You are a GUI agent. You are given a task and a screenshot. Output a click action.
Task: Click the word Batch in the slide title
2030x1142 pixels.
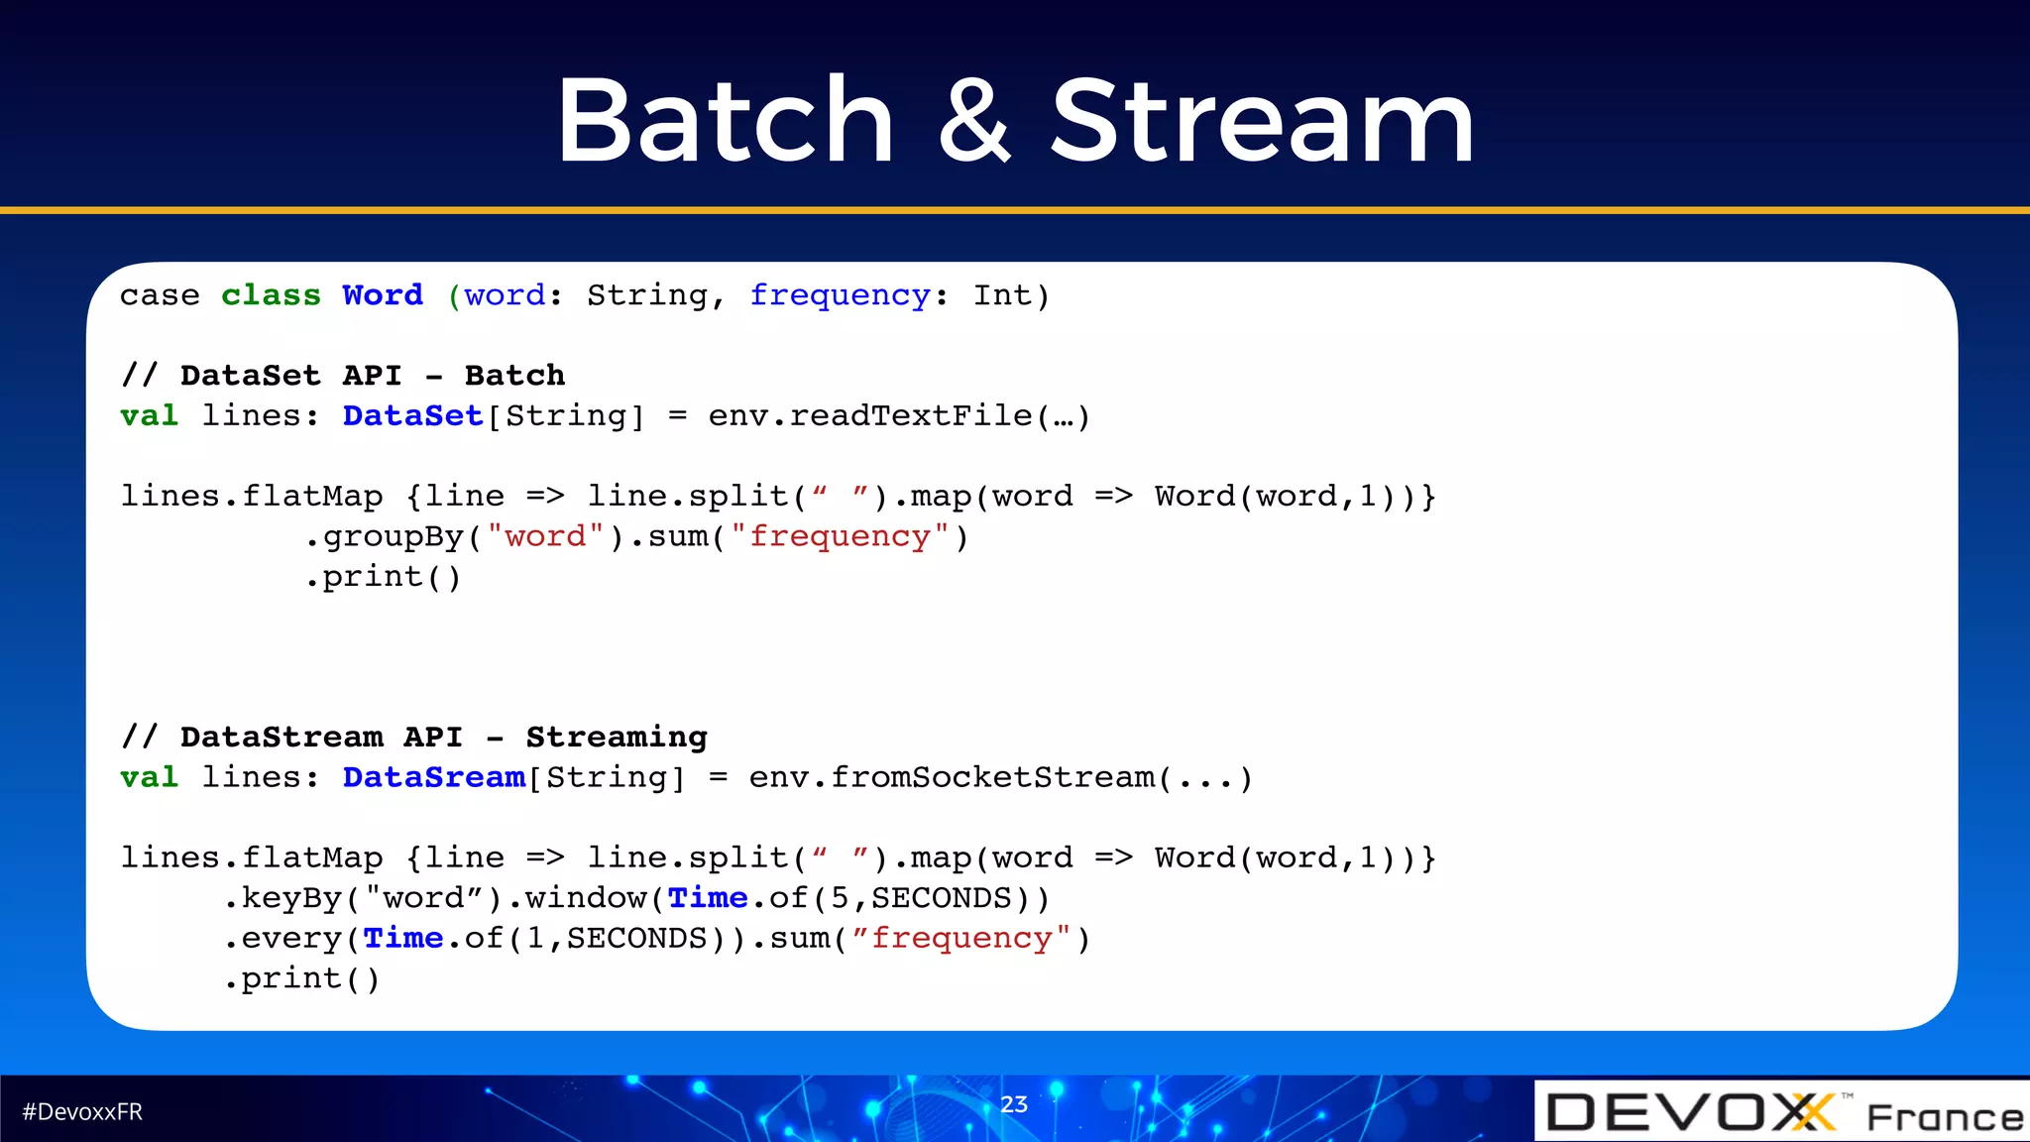coord(726,122)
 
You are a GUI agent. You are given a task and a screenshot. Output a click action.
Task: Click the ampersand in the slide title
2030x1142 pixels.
coord(974,122)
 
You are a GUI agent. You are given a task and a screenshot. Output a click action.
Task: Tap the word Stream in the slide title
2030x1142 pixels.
coord(1262,122)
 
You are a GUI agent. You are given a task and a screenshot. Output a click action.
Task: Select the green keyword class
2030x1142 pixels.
coord(271,295)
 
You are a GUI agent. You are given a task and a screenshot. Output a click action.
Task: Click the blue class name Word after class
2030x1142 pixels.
coord(383,295)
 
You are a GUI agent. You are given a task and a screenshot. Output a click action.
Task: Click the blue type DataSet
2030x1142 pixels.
coord(412,415)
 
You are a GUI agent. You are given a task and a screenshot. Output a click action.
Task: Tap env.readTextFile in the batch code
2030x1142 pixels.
coord(870,415)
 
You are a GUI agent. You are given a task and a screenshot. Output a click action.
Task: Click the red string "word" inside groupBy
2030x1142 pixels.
coord(545,536)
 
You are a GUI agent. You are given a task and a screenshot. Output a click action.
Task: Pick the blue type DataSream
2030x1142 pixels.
coord(433,777)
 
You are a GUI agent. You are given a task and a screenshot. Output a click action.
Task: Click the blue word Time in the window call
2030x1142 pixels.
coord(708,898)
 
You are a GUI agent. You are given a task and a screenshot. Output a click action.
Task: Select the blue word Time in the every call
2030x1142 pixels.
coord(403,938)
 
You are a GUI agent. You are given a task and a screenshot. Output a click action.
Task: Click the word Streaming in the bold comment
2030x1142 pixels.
coord(617,738)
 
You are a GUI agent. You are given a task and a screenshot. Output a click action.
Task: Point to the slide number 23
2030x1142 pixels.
coord(1014,1104)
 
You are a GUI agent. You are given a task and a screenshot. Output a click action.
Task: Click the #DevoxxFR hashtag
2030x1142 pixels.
coord(82,1112)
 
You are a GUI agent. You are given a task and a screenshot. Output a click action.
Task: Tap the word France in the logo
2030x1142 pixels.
coord(1945,1117)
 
